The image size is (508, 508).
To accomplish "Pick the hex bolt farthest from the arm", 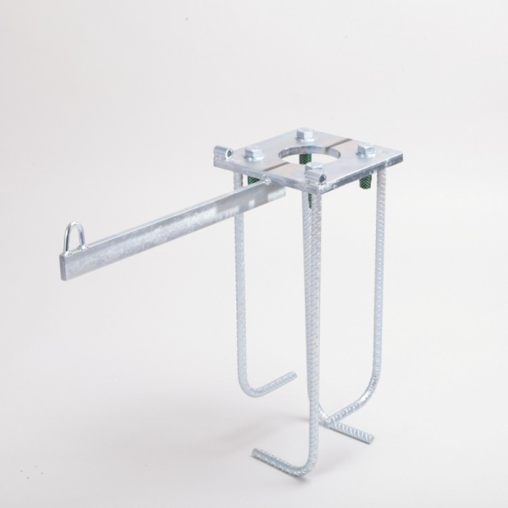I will [x=365, y=151].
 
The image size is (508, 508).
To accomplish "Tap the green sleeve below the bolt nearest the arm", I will [x=254, y=179].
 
